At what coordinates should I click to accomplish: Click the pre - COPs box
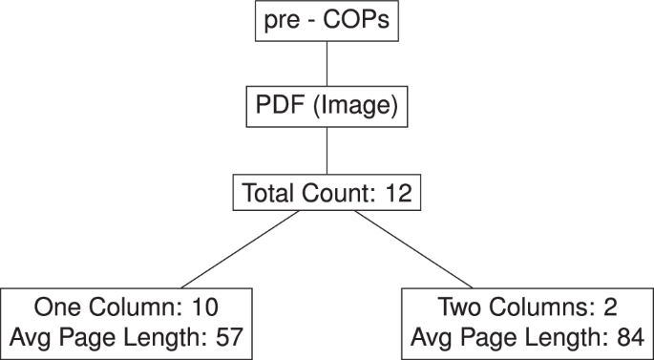coord(327,20)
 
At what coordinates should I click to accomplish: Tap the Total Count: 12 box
coord(327,194)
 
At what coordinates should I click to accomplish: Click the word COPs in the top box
coord(355,20)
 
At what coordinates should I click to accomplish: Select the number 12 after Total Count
coord(398,194)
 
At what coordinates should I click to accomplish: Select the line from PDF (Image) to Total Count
coord(327,150)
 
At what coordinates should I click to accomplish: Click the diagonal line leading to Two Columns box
coord(417,249)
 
